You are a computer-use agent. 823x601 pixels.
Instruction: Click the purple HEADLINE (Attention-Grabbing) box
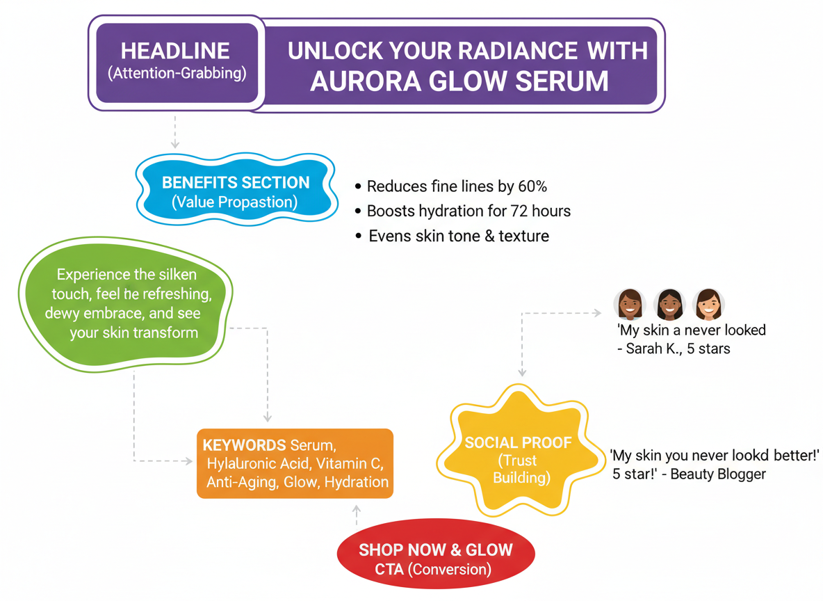click(x=177, y=63)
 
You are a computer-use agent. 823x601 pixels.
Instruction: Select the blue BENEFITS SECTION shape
click(x=237, y=190)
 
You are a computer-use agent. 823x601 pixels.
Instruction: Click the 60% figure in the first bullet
click(x=532, y=186)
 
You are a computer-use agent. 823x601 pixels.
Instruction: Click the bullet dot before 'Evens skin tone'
click(x=359, y=237)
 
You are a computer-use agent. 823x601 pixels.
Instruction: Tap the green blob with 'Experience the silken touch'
click(x=125, y=304)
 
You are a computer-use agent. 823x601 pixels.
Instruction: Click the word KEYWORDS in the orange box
click(x=244, y=445)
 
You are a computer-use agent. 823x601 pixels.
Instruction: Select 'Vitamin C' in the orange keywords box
click(x=348, y=463)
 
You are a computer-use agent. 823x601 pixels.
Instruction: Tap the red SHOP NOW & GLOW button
click(x=436, y=554)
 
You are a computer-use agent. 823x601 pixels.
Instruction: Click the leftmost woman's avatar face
click(x=630, y=304)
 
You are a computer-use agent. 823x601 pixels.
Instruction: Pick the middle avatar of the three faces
click(x=670, y=304)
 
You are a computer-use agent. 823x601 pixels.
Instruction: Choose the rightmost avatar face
click(x=708, y=304)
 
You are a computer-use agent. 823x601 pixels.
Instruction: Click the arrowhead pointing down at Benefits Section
click(x=174, y=144)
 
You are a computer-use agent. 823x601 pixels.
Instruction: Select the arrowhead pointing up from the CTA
click(x=357, y=509)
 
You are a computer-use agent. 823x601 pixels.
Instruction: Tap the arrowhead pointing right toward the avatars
click(x=597, y=313)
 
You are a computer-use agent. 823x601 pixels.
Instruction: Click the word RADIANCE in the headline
click(x=518, y=51)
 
